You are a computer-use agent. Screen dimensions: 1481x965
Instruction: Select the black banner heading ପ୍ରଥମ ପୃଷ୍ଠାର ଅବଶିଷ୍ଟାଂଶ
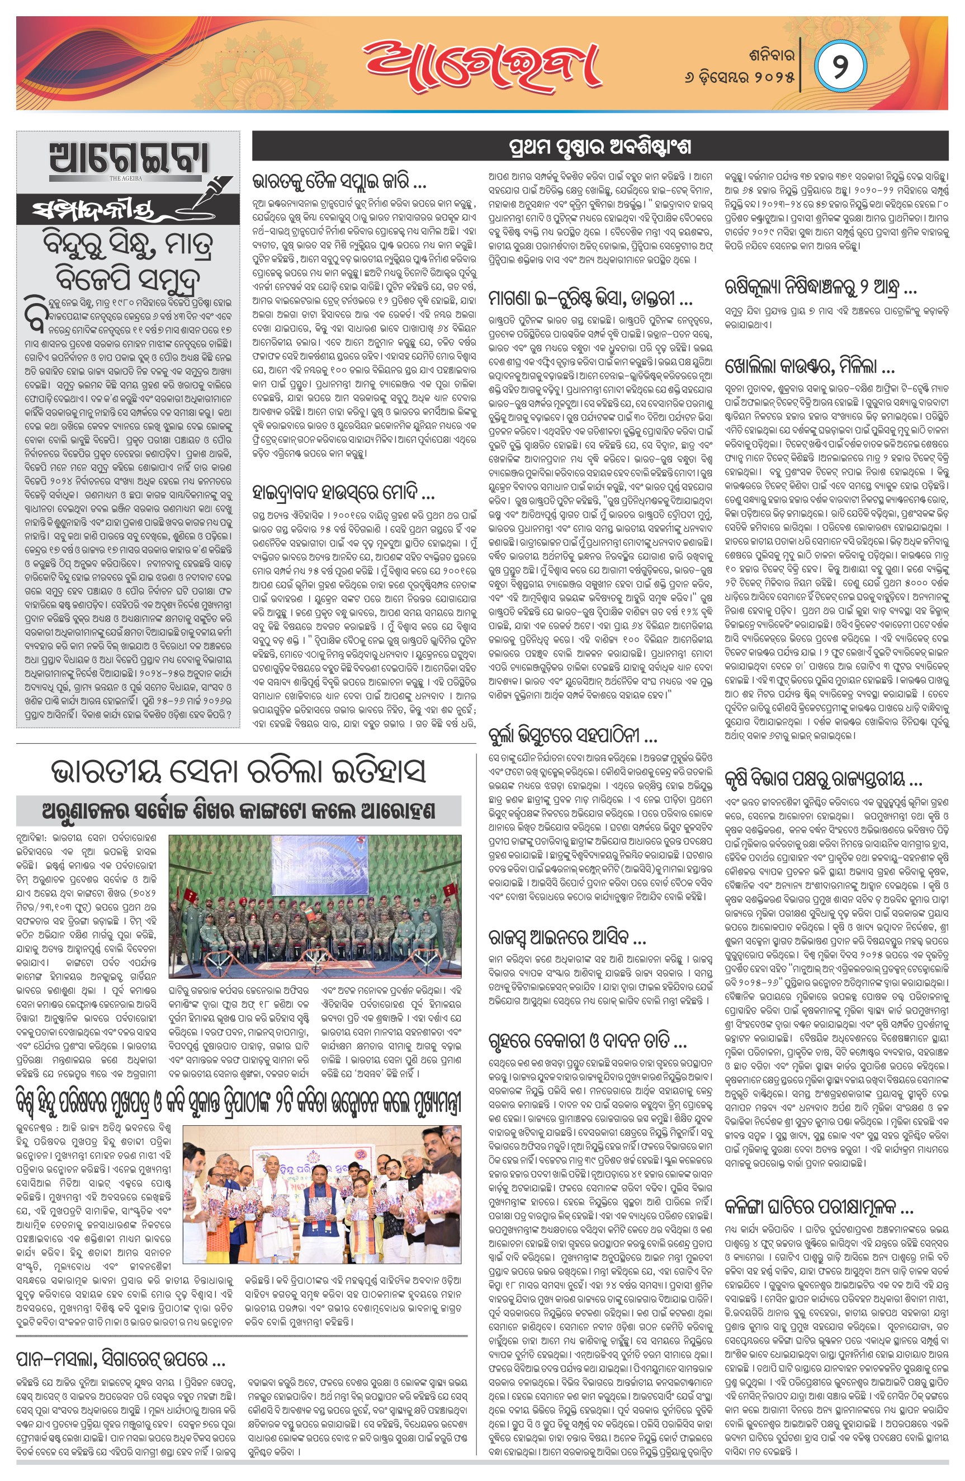tap(600, 147)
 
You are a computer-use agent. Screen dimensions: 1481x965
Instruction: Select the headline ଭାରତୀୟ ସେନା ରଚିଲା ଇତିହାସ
tap(238, 771)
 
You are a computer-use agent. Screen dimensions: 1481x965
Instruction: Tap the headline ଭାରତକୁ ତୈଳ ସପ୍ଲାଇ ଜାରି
tap(339, 182)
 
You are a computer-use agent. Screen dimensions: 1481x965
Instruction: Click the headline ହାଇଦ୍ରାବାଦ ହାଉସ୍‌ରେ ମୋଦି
tap(343, 493)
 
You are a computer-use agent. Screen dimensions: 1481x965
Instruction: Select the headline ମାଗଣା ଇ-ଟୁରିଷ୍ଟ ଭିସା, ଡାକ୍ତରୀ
tap(590, 299)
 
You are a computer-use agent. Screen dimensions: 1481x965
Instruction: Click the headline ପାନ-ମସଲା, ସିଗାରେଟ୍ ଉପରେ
tap(121, 1361)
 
